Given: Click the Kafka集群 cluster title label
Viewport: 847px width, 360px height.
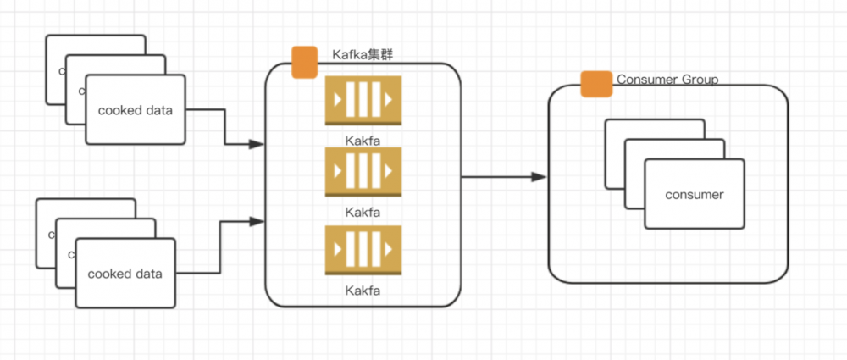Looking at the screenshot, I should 362,55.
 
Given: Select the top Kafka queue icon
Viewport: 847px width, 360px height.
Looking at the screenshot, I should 363,102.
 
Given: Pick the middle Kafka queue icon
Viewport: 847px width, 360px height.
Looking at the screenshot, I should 363,172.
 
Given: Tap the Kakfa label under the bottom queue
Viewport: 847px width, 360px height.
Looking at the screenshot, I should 363,290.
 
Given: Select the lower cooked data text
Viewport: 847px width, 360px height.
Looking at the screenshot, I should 125,274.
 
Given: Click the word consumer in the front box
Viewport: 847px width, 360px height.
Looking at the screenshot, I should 695,195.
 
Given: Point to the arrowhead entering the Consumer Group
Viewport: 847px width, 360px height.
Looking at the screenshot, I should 539,177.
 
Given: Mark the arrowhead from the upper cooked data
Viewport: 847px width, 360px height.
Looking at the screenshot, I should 256,145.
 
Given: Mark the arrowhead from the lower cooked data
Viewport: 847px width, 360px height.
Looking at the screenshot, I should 256,222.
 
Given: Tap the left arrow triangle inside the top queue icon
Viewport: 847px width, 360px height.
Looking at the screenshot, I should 338,102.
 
